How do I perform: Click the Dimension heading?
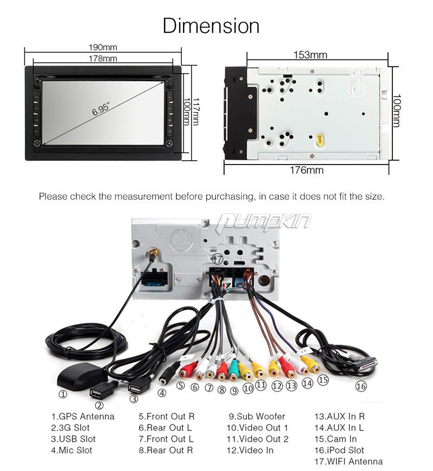211,25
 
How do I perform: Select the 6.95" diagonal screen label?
102,110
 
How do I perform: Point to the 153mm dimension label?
310,55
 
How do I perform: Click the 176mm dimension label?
307,170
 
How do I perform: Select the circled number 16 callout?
360,387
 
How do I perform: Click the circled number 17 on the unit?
217,258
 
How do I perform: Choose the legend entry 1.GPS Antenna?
83,416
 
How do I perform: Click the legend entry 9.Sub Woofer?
257,416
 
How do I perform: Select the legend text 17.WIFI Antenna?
349,461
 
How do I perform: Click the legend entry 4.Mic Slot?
71,450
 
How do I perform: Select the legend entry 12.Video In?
250,450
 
